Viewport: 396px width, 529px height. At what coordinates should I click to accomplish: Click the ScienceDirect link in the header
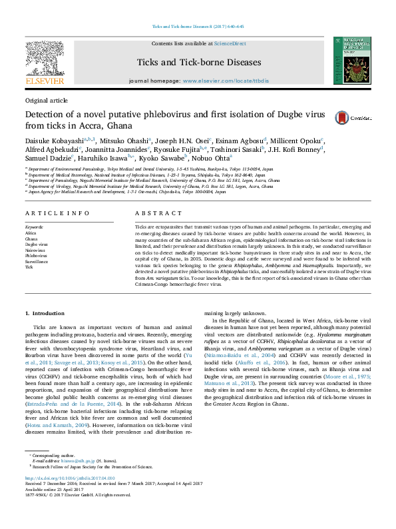click(x=230, y=43)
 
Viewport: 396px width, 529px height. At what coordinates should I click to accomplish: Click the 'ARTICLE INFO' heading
click(x=57, y=213)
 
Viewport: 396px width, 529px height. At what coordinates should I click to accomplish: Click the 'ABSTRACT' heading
click(x=158, y=213)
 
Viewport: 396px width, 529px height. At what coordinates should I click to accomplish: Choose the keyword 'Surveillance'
click(x=38, y=260)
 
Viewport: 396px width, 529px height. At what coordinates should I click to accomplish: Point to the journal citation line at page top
click(x=198, y=27)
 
